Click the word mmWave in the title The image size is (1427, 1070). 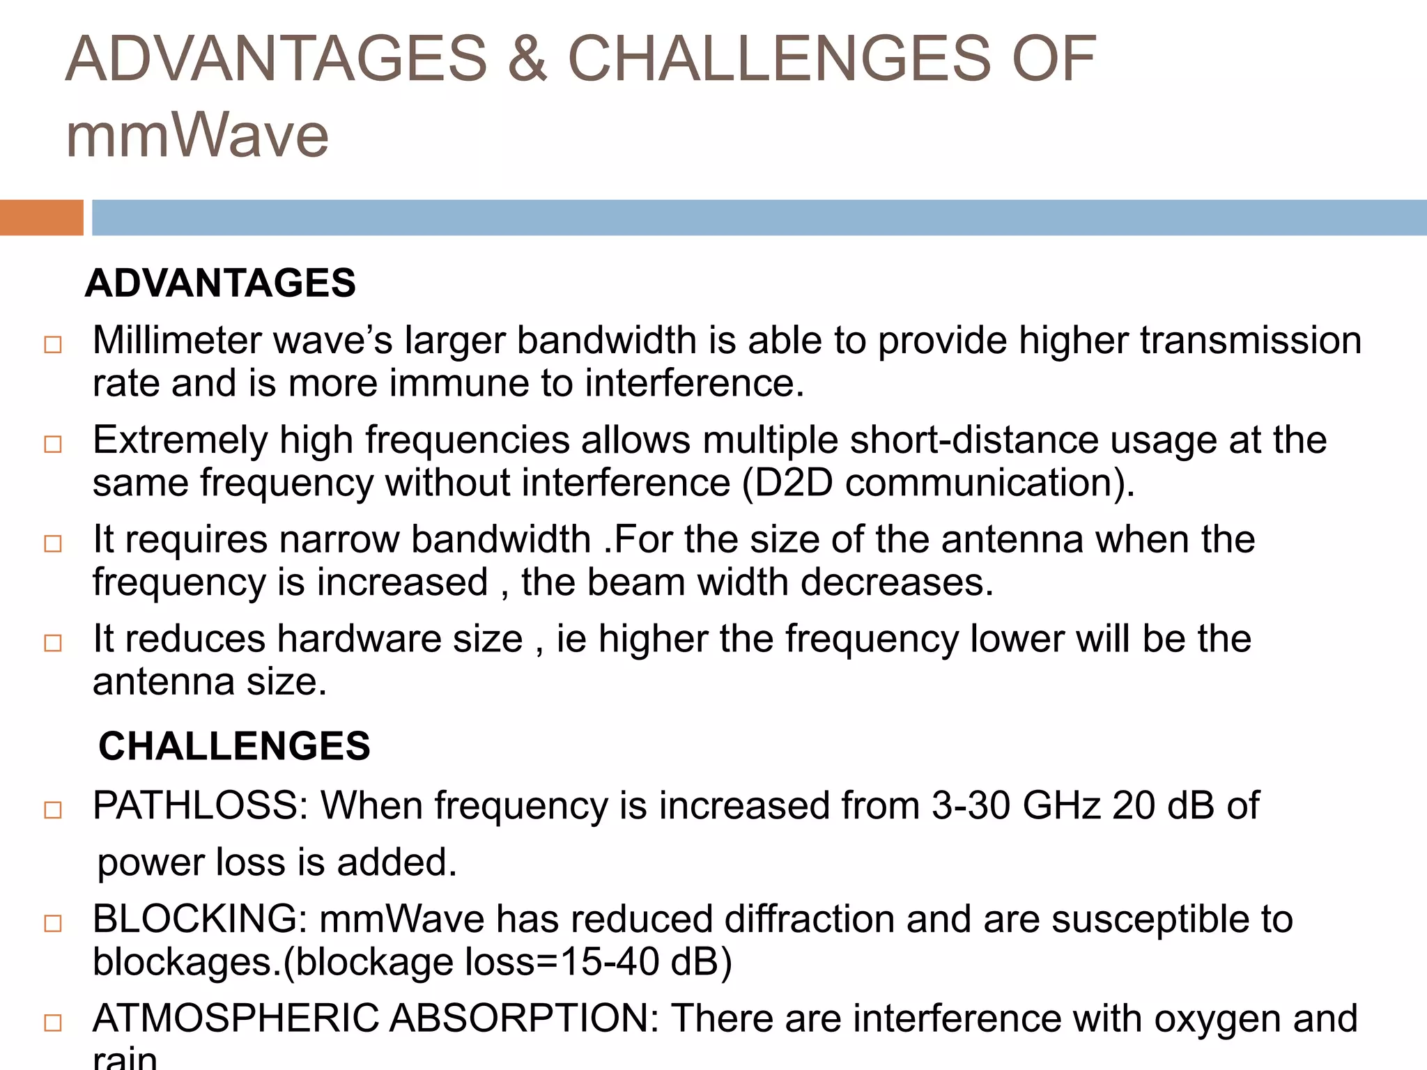[x=197, y=136]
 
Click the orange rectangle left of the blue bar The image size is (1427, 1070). [x=41, y=217]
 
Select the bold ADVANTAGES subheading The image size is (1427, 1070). [x=220, y=283]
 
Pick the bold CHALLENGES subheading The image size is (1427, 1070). [x=234, y=746]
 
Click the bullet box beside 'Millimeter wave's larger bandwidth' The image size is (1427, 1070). [x=53, y=345]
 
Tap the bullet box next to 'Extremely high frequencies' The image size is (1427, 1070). [x=53, y=444]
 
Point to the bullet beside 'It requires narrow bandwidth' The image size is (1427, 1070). [x=53, y=543]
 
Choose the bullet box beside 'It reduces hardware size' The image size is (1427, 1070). [x=53, y=643]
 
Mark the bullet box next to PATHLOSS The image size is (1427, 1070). [x=53, y=810]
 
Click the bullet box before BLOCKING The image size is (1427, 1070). [x=53, y=924]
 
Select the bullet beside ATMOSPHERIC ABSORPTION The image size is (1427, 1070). [x=53, y=1023]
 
